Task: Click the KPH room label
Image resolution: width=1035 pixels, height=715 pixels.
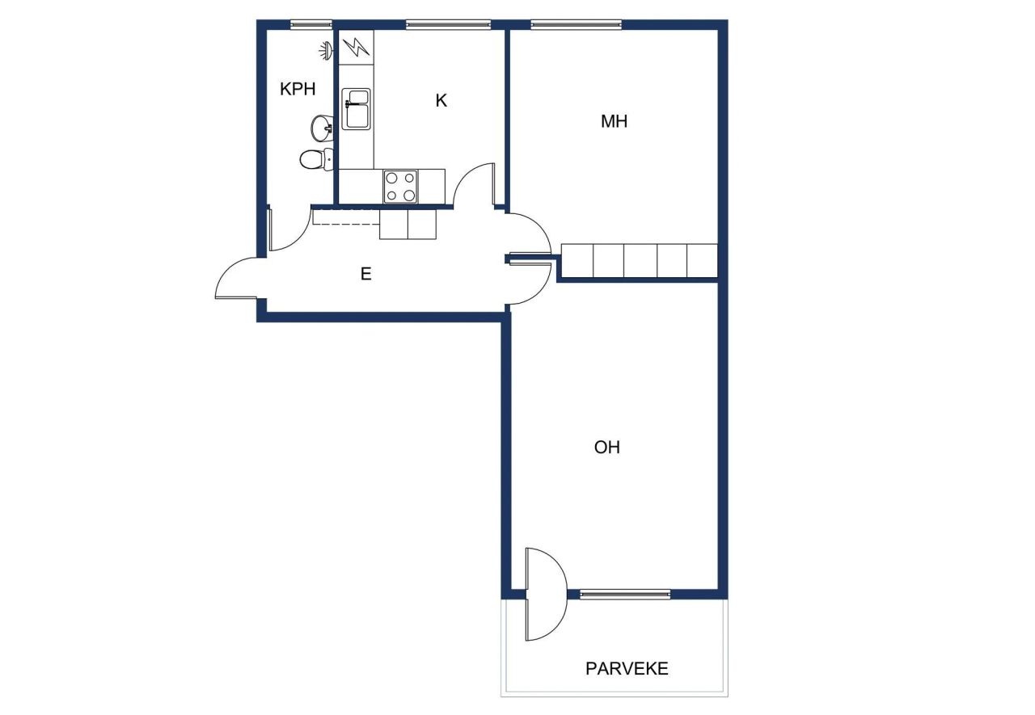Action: click(298, 90)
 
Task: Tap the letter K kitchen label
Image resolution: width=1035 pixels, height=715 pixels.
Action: click(441, 101)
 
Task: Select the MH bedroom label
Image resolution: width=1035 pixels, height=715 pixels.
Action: click(615, 122)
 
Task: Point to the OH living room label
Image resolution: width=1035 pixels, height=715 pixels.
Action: click(607, 447)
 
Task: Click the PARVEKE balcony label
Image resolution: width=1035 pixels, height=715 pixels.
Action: click(627, 669)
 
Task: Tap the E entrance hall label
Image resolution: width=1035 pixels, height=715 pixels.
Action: click(365, 275)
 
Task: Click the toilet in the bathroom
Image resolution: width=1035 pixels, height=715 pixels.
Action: click(315, 159)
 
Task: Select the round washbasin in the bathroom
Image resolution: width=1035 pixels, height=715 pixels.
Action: click(323, 127)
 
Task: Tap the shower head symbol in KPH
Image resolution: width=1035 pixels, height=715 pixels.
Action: click(325, 51)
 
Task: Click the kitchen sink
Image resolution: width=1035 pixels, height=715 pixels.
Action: click(356, 108)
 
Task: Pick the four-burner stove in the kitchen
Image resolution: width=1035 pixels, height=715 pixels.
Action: click(400, 186)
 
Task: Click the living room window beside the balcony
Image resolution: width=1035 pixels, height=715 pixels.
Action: click(625, 595)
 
